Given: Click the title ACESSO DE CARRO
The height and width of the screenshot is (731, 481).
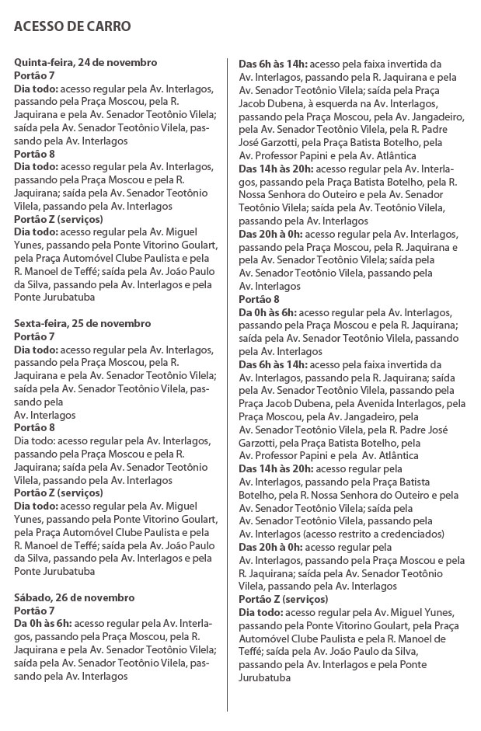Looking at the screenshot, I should point(72,27).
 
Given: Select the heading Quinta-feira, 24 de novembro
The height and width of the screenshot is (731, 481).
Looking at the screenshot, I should point(85,62).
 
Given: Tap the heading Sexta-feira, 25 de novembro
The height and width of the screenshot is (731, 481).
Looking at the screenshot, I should point(82,323).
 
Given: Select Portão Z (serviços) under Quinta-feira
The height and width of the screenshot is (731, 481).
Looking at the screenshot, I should point(58,219).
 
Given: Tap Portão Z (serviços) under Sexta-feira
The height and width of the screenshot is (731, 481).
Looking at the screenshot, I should point(58,493).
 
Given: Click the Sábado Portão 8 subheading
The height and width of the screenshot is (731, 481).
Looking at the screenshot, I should point(259,299).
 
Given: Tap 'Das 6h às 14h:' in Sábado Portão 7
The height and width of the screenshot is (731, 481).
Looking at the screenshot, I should point(273,63).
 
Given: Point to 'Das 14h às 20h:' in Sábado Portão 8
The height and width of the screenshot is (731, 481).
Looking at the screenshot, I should point(276,468).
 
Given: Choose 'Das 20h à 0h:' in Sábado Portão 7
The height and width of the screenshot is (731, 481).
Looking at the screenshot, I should point(272,233).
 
